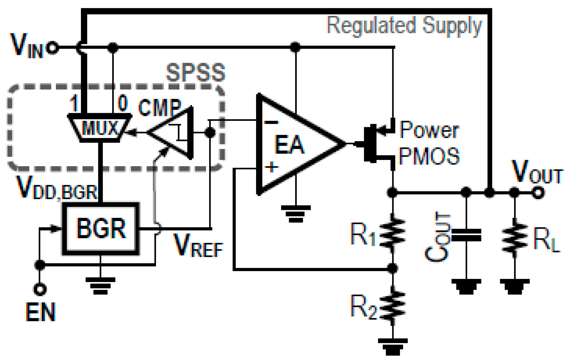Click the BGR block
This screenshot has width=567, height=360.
click(x=101, y=229)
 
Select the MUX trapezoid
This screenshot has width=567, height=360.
click(x=100, y=128)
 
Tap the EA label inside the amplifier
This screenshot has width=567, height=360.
click(x=289, y=145)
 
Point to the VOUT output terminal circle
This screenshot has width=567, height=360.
click(x=538, y=193)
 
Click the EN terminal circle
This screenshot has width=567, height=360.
click(x=40, y=289)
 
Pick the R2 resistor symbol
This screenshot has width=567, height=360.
click(x=392, y=305)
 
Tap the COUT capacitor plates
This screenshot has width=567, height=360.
click(x=466, y=235)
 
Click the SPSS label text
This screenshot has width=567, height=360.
click(x=195, y=72)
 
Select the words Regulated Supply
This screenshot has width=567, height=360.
click(x=404, y=26)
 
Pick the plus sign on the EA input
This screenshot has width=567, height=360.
click(x=271, y=167)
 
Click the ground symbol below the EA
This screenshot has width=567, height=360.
click(x=296, y=214)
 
